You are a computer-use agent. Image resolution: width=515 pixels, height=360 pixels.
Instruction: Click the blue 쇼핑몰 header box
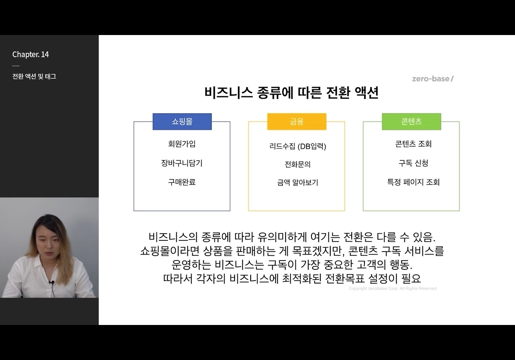pyautogui.click(x=182, y=122)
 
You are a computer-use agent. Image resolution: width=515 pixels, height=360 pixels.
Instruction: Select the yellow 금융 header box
pyautogui.click(x=297, y=122)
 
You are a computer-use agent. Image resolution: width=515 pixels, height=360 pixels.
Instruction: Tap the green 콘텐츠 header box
pyautogui.click(x=411, y=122)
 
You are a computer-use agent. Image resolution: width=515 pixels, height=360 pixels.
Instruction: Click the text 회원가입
pyautogui.click(x=182, y=144)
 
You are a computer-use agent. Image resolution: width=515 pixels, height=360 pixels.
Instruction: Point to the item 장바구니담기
pyautogui.click(x=182, y=163)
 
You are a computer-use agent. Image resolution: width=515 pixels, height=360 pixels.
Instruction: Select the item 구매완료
pyautogui.click(x=182, y=182)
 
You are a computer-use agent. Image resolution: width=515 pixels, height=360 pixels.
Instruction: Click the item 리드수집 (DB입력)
pyautogui.click(x=298, y=146)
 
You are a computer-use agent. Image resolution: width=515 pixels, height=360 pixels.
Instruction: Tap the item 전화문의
pyautogui.click(x=298, y=164)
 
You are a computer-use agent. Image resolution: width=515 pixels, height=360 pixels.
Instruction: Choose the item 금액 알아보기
pyautogui.click(x=298, y=182)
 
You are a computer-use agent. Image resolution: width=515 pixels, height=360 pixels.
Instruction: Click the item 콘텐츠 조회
pyautogui.click(x=413, y=144)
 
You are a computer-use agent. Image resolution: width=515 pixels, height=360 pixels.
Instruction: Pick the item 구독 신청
pyautogui.click(x=413, y=163)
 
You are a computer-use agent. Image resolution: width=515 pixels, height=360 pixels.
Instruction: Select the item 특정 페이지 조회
pyautogui.click(x=413, y=182)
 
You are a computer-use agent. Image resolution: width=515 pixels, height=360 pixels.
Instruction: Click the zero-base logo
pyautogui.click(x=433, y=79)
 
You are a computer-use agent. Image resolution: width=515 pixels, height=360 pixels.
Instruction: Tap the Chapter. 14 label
pyautogui.click(x=31, y=54)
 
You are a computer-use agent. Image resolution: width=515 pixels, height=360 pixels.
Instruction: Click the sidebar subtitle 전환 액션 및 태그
pyautogui.click(x=34, y=77)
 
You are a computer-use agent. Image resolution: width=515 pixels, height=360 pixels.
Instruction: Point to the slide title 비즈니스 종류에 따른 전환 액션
pyautogui.click(x=292, y=93)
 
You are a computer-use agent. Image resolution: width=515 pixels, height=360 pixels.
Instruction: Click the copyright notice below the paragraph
pyautogui.click(x=392, y=288)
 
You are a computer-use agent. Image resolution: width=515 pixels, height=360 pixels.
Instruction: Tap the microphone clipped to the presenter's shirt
pyautogui.click(x=51, y=283)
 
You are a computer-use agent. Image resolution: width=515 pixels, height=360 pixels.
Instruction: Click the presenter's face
pyautogui.click(x=48, y=242)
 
